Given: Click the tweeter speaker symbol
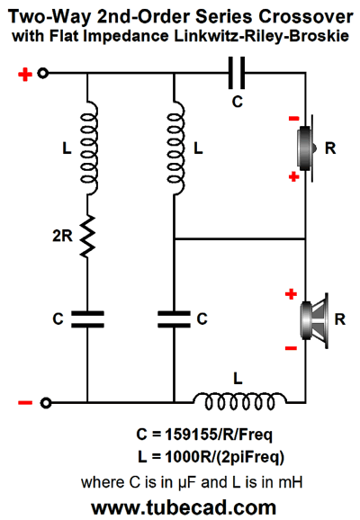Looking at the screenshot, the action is click(x=306, y=148).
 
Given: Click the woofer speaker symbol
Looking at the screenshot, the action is click(x=314, y=320).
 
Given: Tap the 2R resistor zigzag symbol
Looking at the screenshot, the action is click(x=87, y=236).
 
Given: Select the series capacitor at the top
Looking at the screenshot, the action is click(x=237, y=73).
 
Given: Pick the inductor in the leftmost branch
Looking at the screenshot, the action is click(x=89, y=148).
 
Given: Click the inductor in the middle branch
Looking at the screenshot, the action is click(x=175, y=148).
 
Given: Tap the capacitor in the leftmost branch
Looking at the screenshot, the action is click(x=87, y=319).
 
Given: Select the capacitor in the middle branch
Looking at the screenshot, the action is click(x=174, y=319).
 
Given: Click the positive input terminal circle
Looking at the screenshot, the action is click(x=43, y=73).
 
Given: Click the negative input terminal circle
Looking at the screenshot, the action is click(x=46, y=403).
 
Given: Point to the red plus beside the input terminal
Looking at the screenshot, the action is click(x=25, y=75).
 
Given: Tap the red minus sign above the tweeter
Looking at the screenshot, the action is click(x=293, y=119).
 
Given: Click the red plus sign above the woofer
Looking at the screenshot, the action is click(x=291, y=294).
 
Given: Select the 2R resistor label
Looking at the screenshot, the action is click(x=62, y=236).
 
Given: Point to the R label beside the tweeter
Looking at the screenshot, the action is click(x=330, y=148).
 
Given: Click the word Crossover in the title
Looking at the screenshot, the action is click(x=306, y=16).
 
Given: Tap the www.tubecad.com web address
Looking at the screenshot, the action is click(x=184, y=507).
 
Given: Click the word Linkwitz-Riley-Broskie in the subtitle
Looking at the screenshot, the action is click(x=262, y=36).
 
